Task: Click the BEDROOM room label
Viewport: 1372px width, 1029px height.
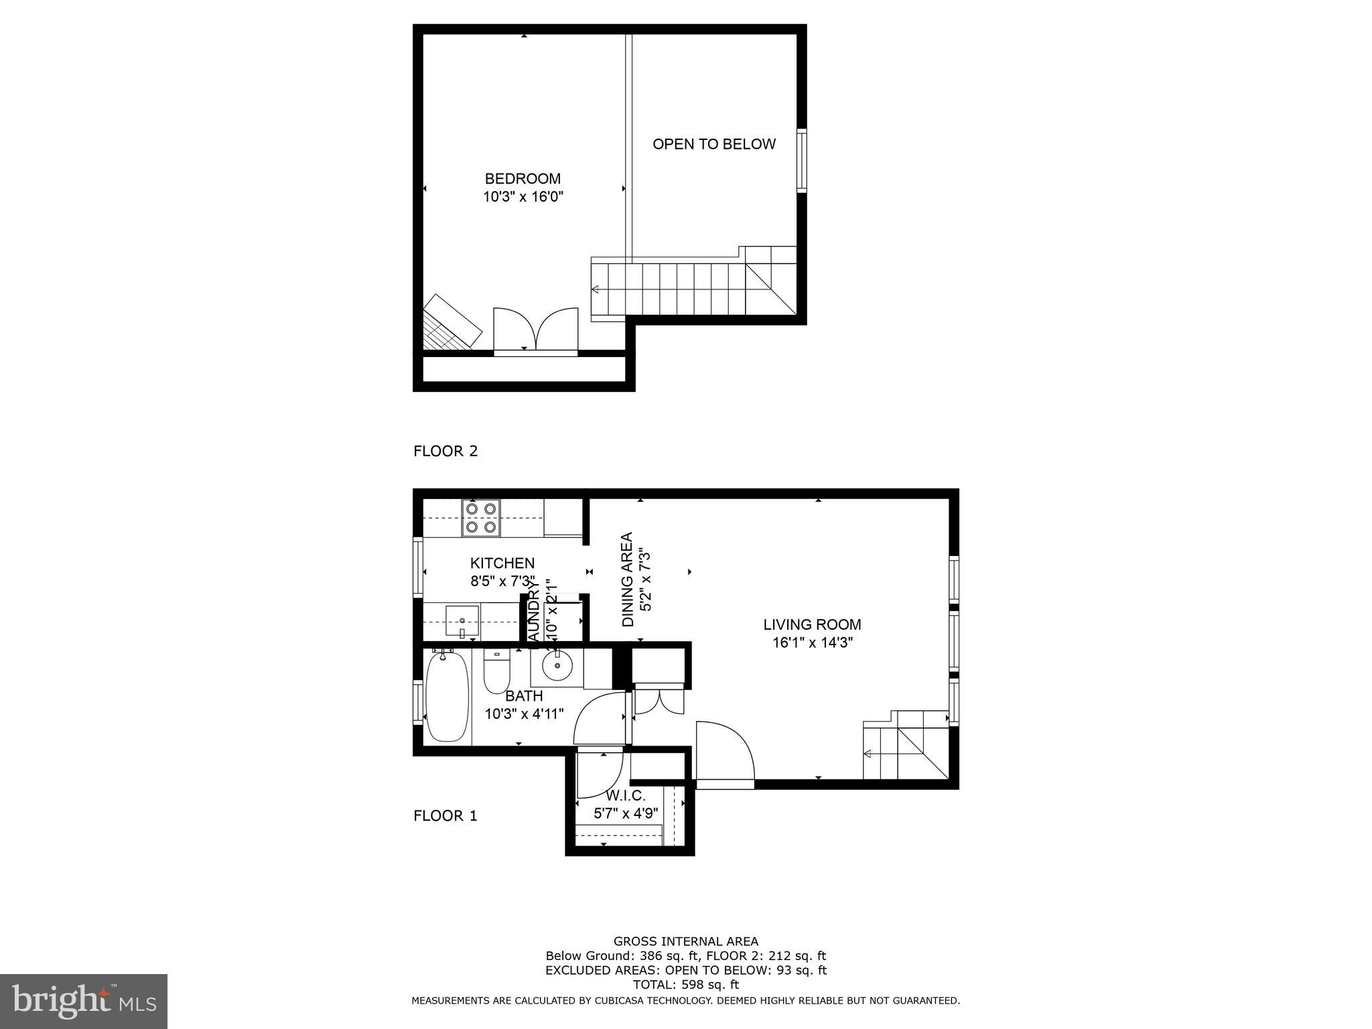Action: (523, 179)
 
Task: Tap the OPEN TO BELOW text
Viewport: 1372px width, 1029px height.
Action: (714, 144)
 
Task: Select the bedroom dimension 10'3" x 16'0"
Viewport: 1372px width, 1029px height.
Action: (523, 197)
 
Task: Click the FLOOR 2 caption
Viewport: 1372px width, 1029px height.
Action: (445, 451)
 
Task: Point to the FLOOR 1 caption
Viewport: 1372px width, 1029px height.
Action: (445, 815)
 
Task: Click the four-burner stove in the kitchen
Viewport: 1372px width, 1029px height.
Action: (482, 518)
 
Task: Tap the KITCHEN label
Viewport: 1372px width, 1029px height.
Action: (502, 563)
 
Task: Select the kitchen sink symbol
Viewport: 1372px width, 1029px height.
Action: (462, 622)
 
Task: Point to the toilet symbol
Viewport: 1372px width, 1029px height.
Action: (497, 673)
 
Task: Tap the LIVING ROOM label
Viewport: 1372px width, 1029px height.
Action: (812, 624)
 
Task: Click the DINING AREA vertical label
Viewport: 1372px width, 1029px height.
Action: (628, 579)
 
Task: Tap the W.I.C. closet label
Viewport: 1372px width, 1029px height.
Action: (626, 796)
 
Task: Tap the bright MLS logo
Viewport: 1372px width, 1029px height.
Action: (84, 1002)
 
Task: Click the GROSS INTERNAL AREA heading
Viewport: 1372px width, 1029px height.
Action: (685, 941)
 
